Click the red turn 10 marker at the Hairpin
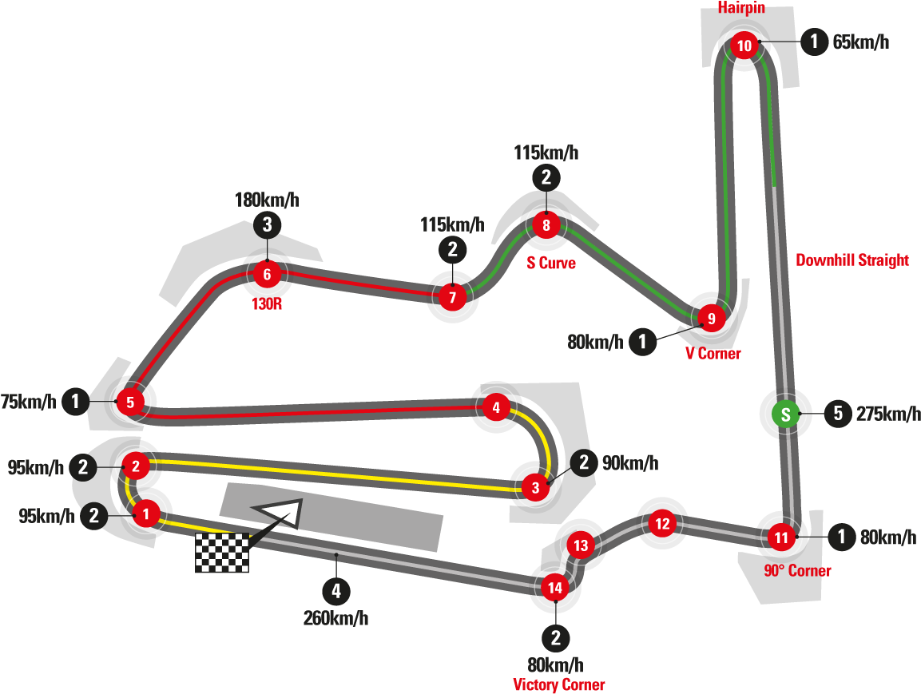point(744,46)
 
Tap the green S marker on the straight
point(785,414)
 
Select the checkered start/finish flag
point(222,553)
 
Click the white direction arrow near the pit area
point(280,511)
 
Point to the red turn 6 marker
point(267,276)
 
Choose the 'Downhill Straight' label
point(852,260)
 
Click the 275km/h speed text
point(887,414)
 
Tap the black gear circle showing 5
point(838,414)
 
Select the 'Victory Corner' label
point(558,684)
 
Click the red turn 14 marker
point(554,589)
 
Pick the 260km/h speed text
point(335,617)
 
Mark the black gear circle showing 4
point(336,592)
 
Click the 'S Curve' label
point(551,264)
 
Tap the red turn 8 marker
point(546,225)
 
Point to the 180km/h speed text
point(267,200)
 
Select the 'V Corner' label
point(713,353)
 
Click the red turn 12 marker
point(661,525)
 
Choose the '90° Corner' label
point(797,570)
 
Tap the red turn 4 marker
point(496,407)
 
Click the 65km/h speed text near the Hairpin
point(860,42)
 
